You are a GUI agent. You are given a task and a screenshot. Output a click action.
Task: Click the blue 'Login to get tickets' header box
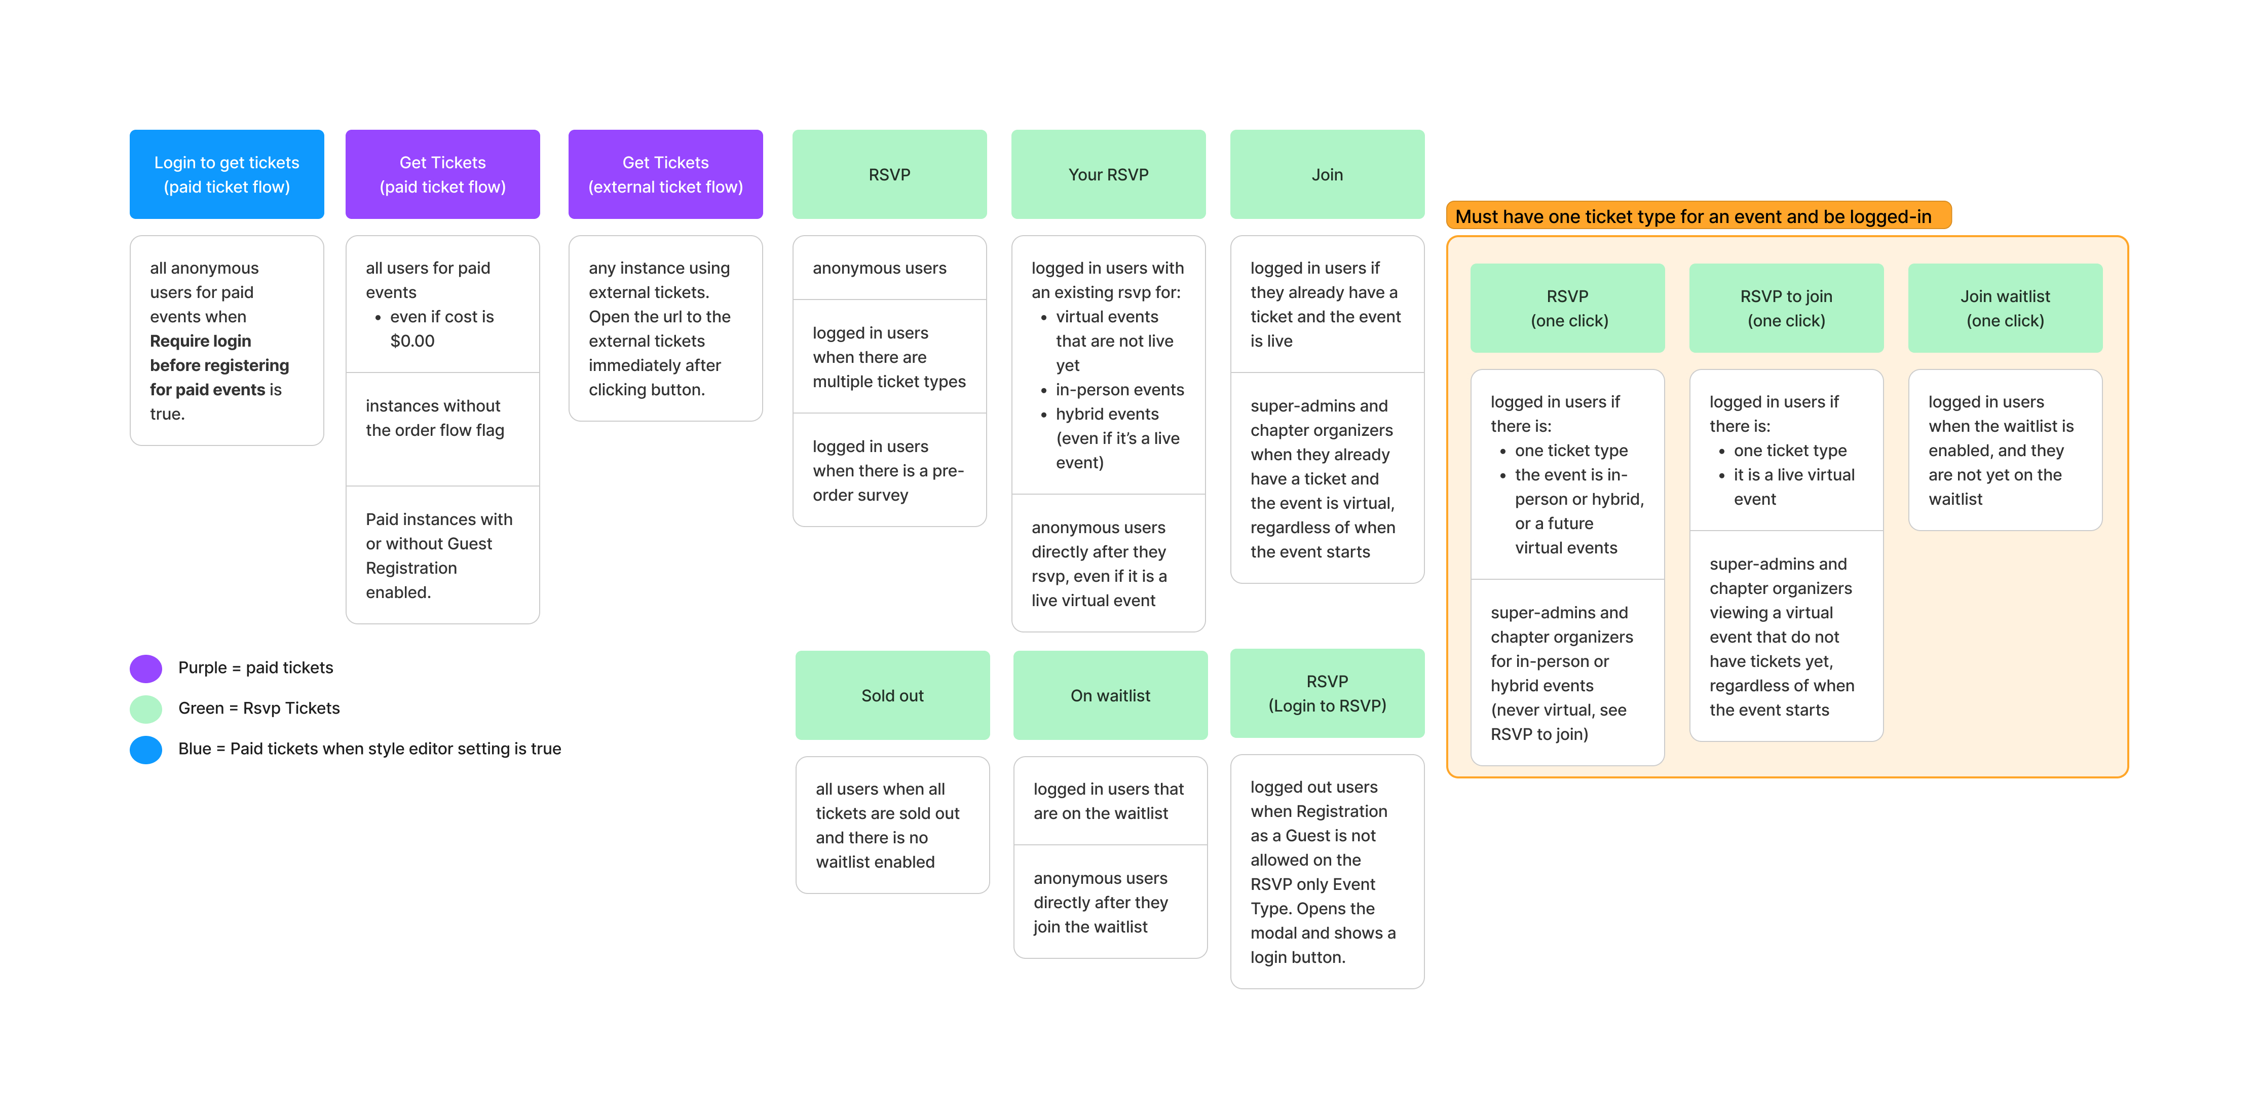coord(226,174)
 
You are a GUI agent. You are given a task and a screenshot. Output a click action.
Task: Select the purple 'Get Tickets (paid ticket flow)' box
coord(442,174)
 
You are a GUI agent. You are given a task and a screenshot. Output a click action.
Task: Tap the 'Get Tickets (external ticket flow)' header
coord(665,174)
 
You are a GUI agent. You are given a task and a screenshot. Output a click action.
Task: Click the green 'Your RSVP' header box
coord(1108,174)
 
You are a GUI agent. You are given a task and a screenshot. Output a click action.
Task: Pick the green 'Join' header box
coord(1327,174)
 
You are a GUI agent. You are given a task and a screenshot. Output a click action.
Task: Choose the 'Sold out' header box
coord(892,695)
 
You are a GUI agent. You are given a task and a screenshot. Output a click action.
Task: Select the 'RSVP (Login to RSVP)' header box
coord(1327,694)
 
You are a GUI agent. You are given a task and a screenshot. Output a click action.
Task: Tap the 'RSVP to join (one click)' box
coord(1785,308)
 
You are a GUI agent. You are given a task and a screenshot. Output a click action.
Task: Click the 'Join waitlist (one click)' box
coord(2005,308)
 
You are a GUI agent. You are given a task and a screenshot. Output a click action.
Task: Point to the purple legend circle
coord(145,668)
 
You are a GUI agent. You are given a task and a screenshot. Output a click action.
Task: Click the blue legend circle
coord(145,749)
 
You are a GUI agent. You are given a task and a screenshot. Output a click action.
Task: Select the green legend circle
coord(145,708)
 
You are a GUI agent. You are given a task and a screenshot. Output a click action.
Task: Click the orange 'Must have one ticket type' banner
coord(1698,216)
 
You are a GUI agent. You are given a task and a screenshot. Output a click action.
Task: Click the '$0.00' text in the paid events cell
coord(412,341)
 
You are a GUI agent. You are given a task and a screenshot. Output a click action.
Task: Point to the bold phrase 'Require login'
coord(200,341)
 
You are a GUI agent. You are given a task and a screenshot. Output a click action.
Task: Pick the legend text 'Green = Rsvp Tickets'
coord(259,708)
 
